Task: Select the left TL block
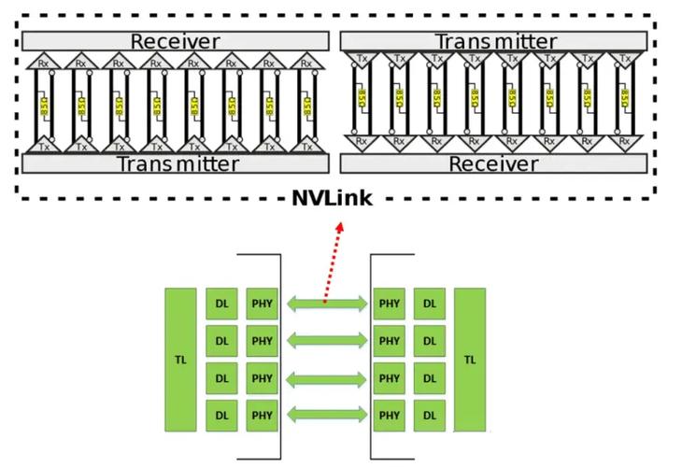pyautogui.click(x=180, y=359)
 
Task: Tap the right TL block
pyautogui.click(x=470, y=359)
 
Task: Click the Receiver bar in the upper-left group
pyautogui.click(x=175, y=41)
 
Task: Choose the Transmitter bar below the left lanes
pyautogui.click(x=175, y=163)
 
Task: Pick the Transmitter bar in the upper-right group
pyautogui.click(x=494, y=41)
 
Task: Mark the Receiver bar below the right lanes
pyautogui.click(x=494, y=163)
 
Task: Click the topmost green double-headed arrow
pyautogui.click(x=327, y=303)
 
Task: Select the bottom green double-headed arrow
pyautogui.click(x=327, y=414)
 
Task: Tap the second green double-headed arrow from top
pyautogui.click(x=327, y=340)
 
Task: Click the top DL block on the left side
pyautogui.click(x=221, y=304)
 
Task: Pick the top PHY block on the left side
pyautogui.click(x=263, y=304)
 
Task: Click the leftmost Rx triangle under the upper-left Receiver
pyautogui.click(x=42, y=62)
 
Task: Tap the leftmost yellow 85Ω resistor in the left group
pyautogui.click(x=43, y=104)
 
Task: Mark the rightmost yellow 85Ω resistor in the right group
pyautogui.click(x=624, y=98)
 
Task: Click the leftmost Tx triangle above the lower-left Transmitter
pyautogui.click(x=42, y=145)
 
